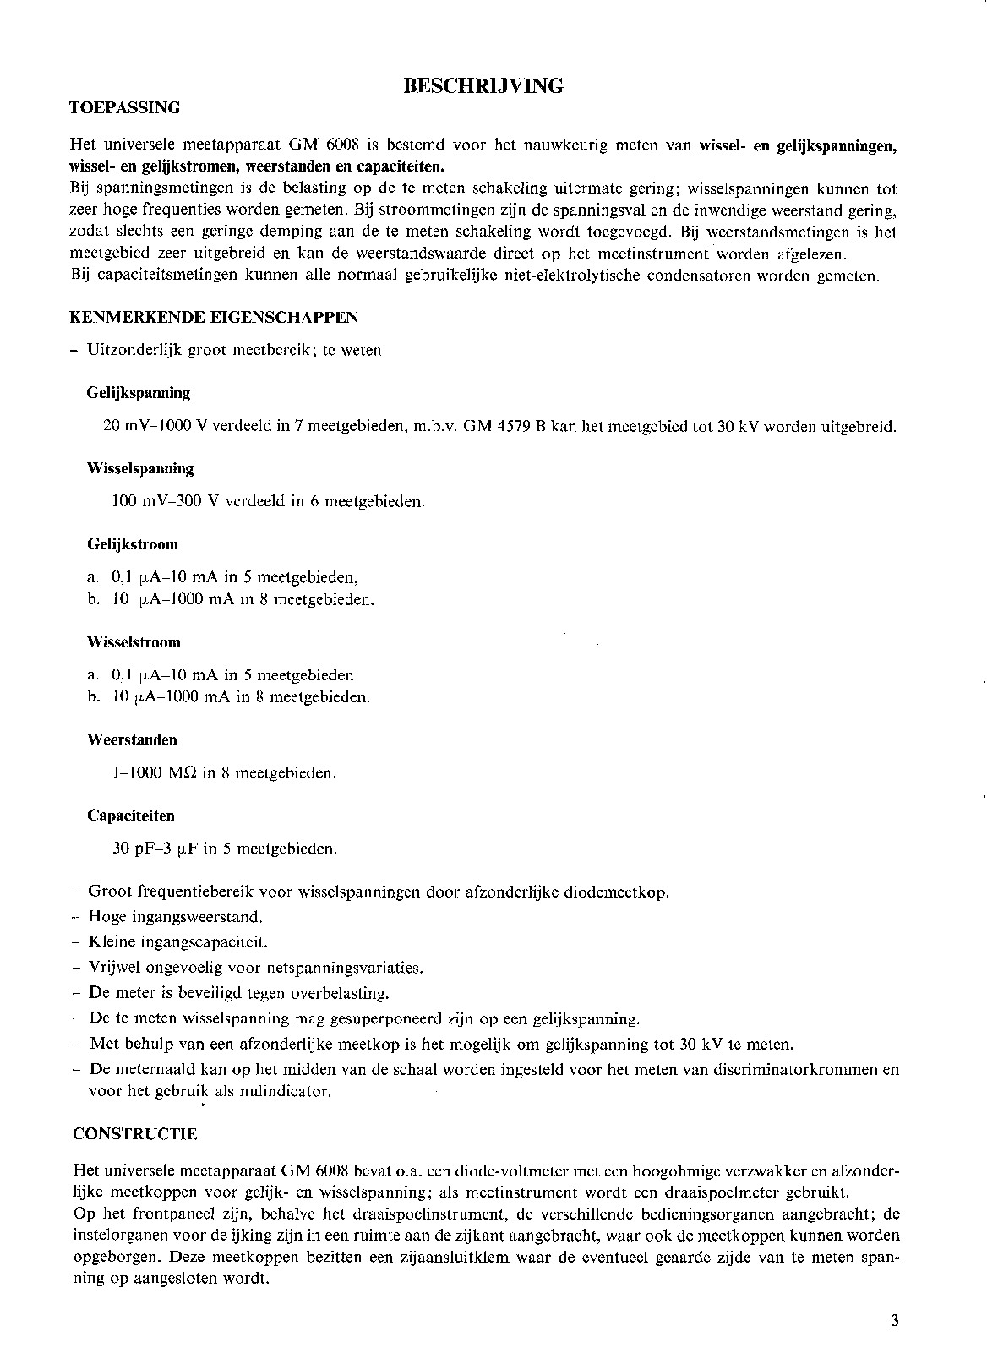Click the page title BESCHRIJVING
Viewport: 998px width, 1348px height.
pyautogui.click(x=483, y=85)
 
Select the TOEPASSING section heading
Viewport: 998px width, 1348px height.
pyautogui.click(x=125, y=107)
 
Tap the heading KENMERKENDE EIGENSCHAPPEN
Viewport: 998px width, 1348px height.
pyautogui.click(x=215, y=317)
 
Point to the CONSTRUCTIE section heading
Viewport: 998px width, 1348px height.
pyautogui.click(x=135, y=1134)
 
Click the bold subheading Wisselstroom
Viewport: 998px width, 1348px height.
pyautogui.click(x=134, y=642)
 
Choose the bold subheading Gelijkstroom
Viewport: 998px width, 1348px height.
pyautogui.click(x=132, y=544)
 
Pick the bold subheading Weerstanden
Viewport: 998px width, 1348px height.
pyautogui.click(x=132, y=740)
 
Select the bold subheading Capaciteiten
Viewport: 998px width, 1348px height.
pyautogui.click(x=131, y=816)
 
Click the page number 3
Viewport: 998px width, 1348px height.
pyautogui.click(x=895, y=1321)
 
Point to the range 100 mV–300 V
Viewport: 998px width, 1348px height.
pyautogui.click(x=166, y=502)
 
